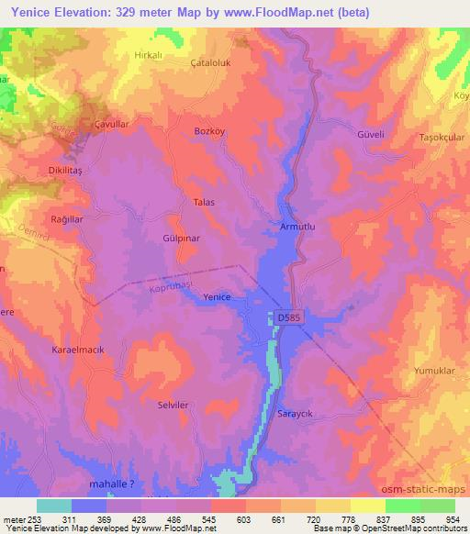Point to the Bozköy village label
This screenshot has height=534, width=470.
(210, 132)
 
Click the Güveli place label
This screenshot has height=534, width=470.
(368, 133)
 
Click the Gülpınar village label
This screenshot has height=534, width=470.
(181, 237)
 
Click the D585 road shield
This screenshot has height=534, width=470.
(289, 317)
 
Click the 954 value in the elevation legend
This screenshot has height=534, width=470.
(453, 519)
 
